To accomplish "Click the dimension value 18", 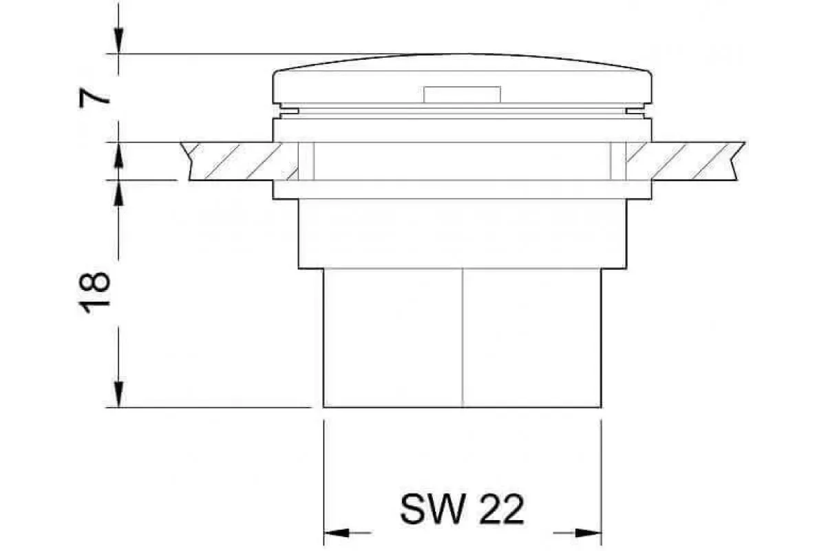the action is point(94,293).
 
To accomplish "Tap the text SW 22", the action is point(462,509).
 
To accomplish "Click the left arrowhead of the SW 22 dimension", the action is point(337,533).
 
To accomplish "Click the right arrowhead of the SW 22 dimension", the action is point(589,533).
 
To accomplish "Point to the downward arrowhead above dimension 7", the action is point(118,41).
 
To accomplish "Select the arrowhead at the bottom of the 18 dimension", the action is point(118,395).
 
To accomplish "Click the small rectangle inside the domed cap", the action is point(462,94).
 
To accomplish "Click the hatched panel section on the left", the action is point(240,161).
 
